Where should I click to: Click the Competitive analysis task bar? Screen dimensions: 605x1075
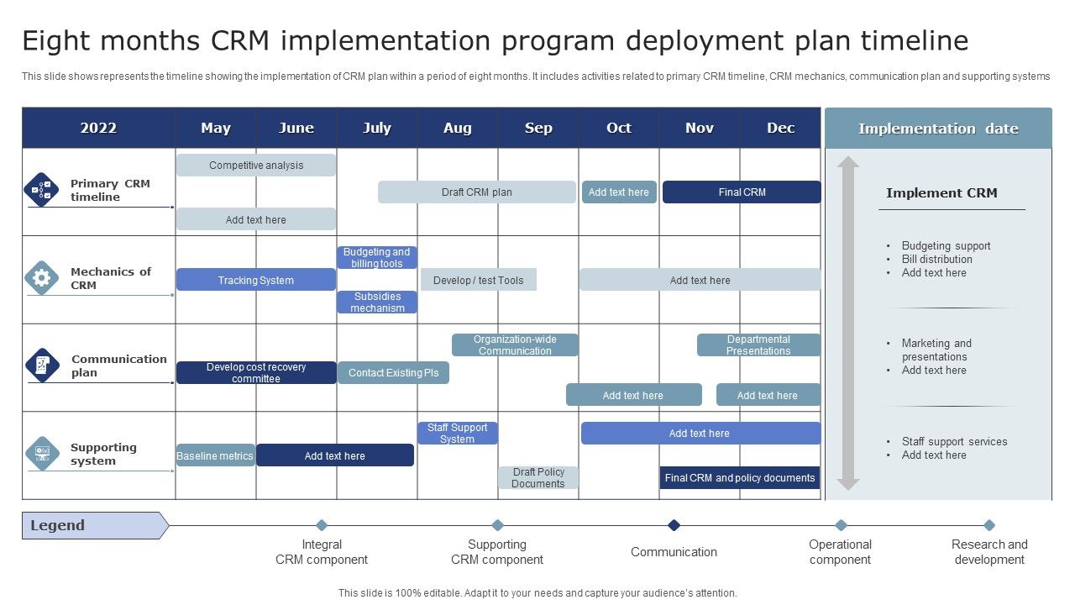coord(256,166)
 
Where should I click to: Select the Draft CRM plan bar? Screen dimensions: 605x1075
coord(476,192)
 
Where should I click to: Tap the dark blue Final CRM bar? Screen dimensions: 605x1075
coord(742,192)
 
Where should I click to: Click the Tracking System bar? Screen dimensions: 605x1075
coord(256,280)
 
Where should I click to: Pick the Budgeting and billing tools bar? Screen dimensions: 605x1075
coord(377,257)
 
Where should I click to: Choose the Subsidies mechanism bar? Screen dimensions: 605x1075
coord(377,302)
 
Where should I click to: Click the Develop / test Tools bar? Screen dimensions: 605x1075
coord(478,280)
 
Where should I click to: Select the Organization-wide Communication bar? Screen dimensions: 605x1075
coord(515,345)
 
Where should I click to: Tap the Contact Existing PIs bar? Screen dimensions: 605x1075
coord(393,373)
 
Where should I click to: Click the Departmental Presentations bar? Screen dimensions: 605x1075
coord(758,345)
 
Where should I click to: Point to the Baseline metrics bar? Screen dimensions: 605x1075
coord(215,455)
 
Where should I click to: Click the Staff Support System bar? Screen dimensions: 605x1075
coord(458,434)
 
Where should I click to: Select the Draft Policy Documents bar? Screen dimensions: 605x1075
coord(538,478)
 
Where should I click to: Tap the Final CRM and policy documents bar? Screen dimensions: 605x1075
coord(740,478)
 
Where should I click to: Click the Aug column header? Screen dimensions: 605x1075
coord(458,128)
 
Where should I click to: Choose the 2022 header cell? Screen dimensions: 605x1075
coord(98,128)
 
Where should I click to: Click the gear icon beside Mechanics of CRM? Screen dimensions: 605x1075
coord(41,277)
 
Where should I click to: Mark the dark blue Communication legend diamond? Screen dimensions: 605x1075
coord(674,525)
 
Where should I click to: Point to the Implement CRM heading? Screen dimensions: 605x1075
coord(941,192)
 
